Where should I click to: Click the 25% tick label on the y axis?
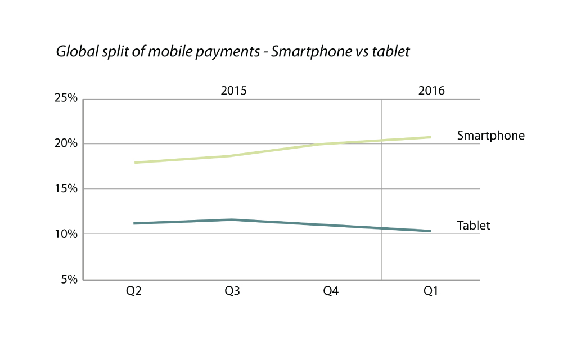66,99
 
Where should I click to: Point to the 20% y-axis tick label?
66,144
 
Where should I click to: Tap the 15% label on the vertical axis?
66,189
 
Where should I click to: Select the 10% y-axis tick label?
66,234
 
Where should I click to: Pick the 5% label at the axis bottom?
69,279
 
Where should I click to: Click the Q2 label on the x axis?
133,291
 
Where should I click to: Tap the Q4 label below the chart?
331,291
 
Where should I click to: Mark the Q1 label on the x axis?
430,291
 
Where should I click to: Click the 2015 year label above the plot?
233,91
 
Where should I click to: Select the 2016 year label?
431,91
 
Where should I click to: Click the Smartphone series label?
490,136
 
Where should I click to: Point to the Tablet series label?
474,226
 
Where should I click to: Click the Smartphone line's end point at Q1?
430,137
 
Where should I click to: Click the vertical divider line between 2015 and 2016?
381,186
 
